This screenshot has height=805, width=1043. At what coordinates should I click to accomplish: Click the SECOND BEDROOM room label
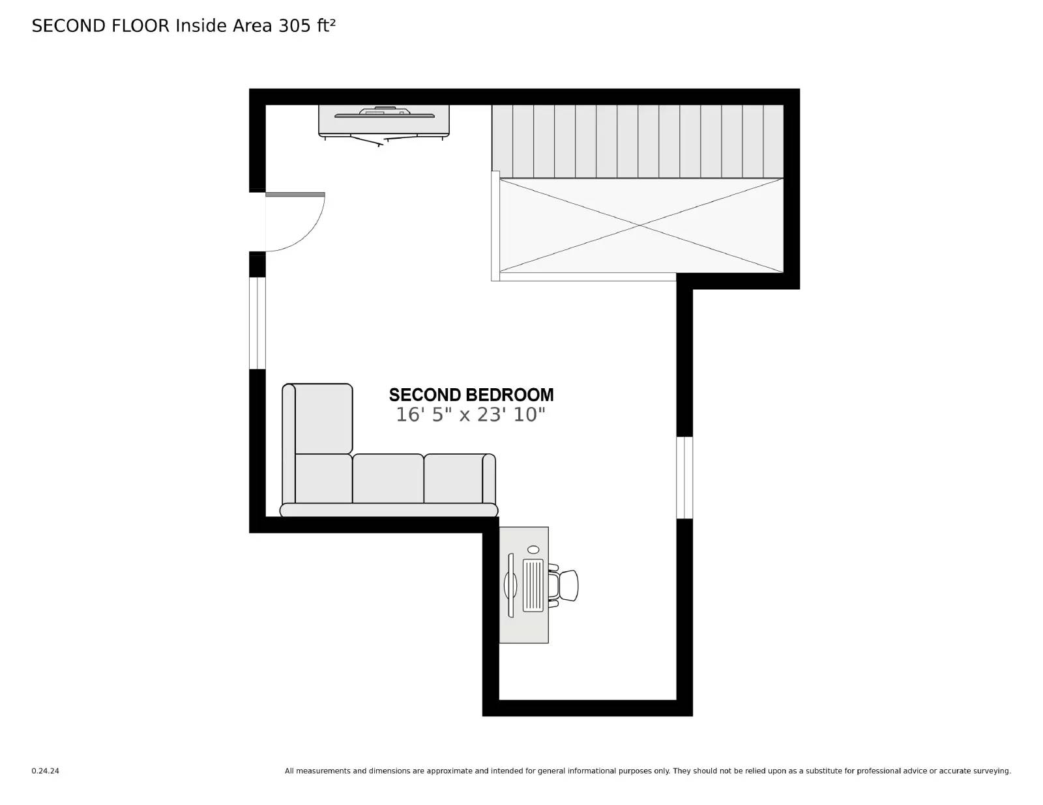471,395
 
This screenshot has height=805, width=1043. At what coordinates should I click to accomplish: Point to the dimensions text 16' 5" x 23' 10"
471,415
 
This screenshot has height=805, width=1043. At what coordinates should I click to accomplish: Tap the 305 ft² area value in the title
307,25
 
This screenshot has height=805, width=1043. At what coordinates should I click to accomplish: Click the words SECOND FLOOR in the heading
100,25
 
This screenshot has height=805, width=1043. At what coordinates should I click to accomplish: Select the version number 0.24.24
45,771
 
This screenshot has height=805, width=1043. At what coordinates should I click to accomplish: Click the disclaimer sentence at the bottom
647,771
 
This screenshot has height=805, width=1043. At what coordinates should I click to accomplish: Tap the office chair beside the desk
565,585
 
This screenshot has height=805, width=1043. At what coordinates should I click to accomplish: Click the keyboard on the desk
533,585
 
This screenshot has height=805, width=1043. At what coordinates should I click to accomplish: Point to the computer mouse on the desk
533,550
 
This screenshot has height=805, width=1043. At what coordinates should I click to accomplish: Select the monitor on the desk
510,585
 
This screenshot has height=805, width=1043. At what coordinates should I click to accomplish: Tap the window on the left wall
257,323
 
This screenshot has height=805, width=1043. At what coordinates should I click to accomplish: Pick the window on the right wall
684,477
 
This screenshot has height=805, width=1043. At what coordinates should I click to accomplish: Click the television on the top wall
384,115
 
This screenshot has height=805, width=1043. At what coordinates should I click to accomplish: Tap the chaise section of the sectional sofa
323,418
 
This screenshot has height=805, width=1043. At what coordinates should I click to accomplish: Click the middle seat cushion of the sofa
388,479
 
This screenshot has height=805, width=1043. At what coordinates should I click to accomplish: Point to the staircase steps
637,141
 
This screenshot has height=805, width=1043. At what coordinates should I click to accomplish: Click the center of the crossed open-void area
641,225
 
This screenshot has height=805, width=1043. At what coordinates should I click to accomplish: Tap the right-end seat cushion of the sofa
454,479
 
